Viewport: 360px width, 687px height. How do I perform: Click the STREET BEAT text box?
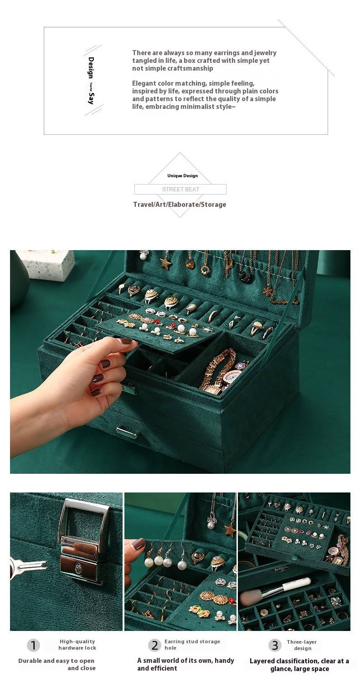[180, 189]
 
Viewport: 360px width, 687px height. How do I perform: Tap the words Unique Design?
[182, 176]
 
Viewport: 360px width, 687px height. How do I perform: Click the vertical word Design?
[91, 68]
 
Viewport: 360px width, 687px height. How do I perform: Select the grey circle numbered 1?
[33, 645]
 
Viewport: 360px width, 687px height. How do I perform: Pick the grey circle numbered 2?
[154, 645]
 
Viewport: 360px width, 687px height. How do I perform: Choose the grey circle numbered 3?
[275, 645]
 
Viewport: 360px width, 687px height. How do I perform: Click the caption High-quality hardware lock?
[77, 645]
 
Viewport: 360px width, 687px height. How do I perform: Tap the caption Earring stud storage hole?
[192, 645]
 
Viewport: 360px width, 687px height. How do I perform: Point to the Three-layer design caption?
[302, 645]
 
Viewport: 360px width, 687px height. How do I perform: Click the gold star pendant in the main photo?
[166, 264]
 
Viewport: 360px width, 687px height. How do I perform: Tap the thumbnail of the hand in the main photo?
[126, 341]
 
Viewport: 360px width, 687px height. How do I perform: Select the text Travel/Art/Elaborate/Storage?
[180, 205]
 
